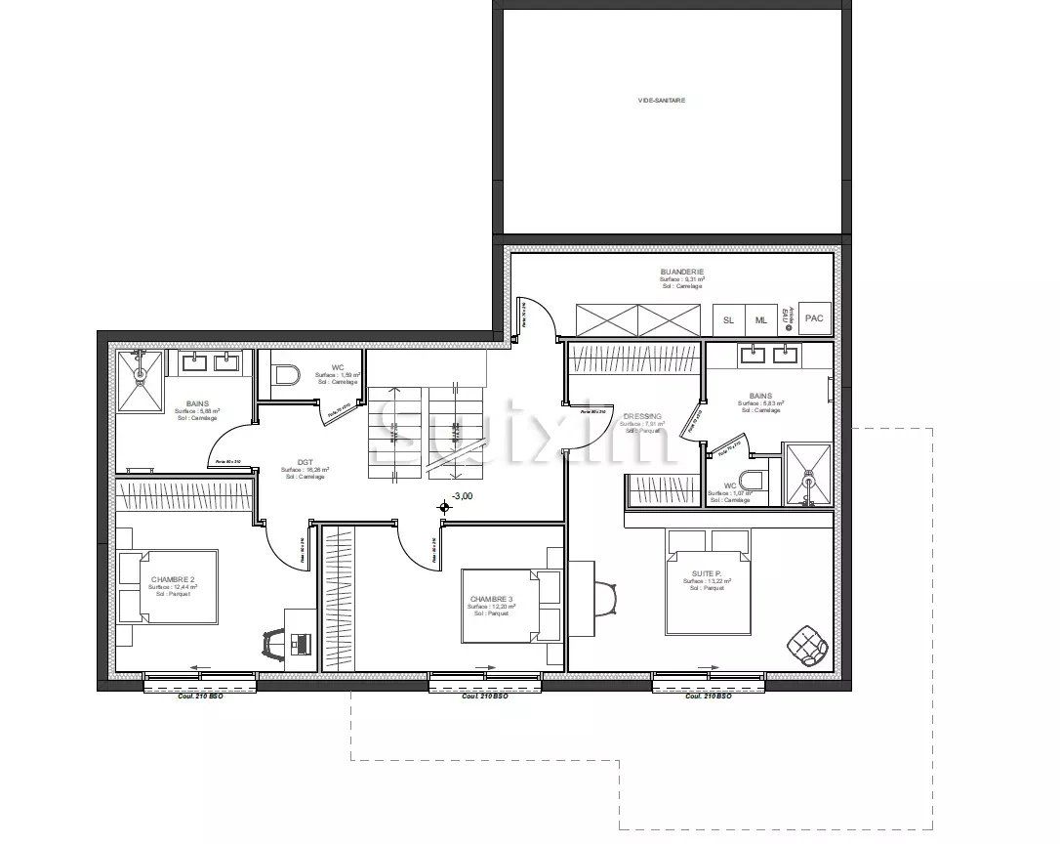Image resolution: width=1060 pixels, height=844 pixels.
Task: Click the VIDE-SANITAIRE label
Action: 661,100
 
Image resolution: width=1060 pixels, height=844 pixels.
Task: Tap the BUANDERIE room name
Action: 681,272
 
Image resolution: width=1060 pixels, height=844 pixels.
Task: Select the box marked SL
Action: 728,319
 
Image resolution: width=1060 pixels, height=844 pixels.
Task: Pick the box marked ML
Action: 760,319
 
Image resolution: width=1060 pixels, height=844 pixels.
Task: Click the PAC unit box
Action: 814,318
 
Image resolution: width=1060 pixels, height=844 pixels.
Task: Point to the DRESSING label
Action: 642,416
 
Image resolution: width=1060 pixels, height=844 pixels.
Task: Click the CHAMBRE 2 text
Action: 172,579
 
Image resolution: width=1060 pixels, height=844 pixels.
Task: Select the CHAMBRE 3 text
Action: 491,599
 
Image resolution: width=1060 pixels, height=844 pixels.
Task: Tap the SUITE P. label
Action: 707,574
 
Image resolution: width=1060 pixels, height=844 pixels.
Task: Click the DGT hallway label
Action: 305,463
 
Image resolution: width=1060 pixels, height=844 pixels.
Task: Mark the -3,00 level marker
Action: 462,496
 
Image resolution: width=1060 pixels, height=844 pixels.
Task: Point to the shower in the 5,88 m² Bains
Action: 142,382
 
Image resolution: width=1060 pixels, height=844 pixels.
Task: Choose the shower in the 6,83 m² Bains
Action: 808,475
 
